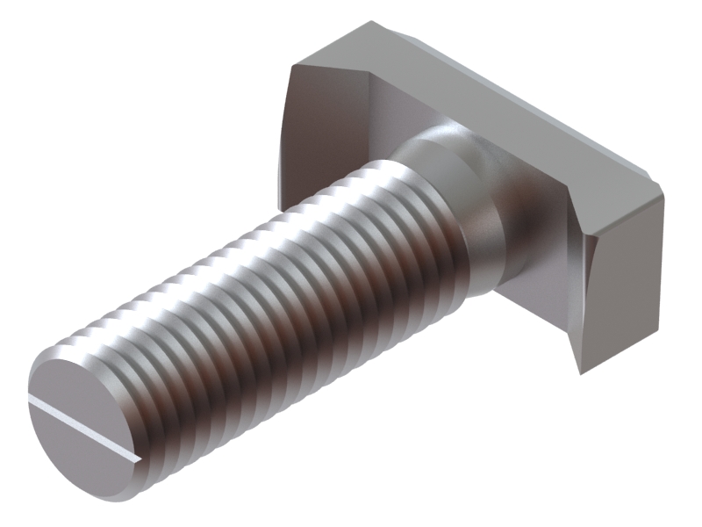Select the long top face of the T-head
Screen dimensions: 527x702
coord(491,97)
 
